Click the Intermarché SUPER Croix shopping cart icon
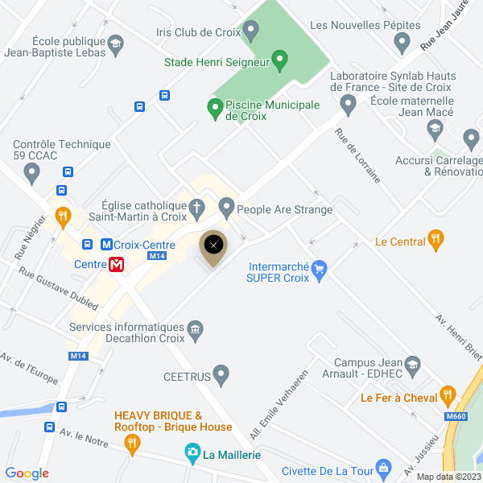pyautogui.click(x=320, y=269)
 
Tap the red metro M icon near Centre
pyautogui.click(x=117, y=263)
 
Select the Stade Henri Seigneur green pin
pyautogui.click(x=279, y=59)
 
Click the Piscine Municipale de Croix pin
pyautogui.click(x=215, y=107)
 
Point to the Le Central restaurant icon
pyautogui.click(x=436, y=239)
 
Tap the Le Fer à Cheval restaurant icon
pyautogui.click(x=448, y=395)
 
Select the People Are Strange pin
pyautogui.click(x=226, y=209)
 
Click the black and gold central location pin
pyautogui.click(x=213, y=246)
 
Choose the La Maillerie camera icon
pyautogui.click(x=192, y=453)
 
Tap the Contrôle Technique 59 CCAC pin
pyautogui.click(x=32, y=171)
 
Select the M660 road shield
pyautogui.click(x=454, y=416)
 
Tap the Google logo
pyautogui.click(x=27, y=473)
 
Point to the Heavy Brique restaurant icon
pyautogui.click(x=132, y=442)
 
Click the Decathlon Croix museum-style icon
pyautogui.click(x=195, y=329)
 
